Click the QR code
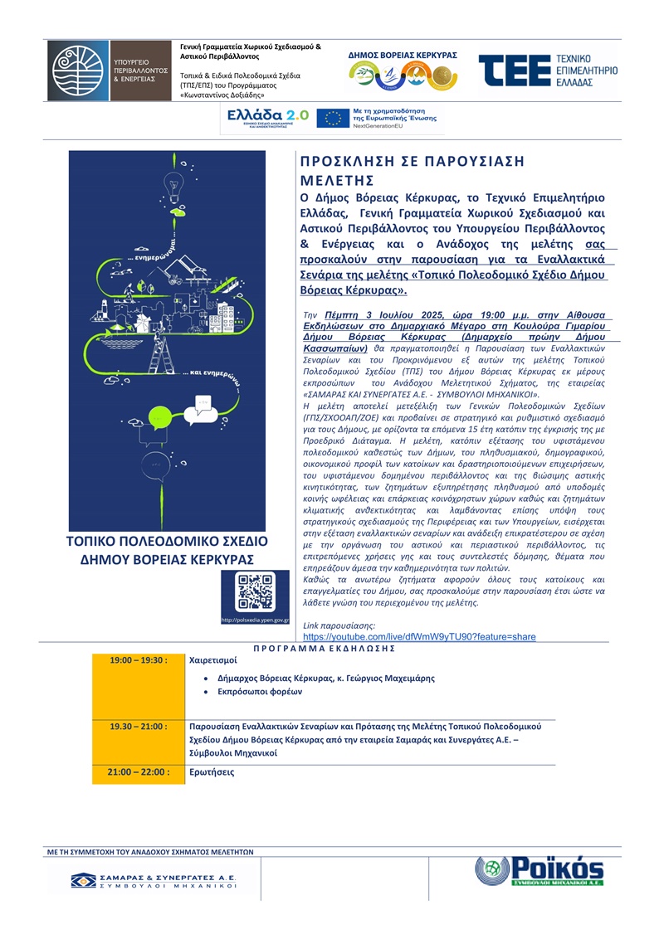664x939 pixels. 255,592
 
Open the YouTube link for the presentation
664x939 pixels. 421,636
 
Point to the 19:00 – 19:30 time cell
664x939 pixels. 139,661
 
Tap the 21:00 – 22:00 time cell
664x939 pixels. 139,772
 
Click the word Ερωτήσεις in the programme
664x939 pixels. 212,772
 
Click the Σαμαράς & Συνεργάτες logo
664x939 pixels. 154,880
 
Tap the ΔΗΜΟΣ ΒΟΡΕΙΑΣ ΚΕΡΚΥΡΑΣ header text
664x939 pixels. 403,54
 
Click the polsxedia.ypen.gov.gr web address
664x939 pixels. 255,620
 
